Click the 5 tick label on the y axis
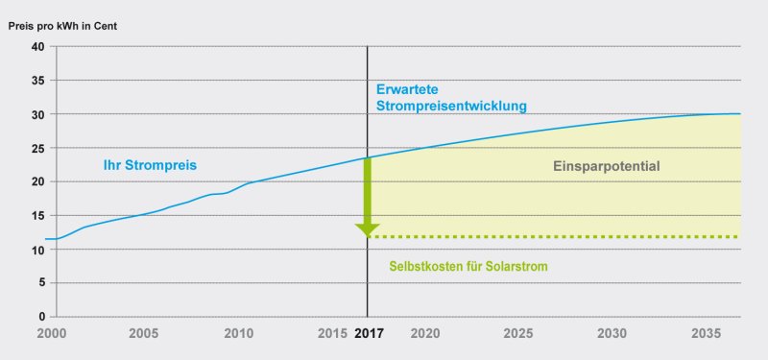point(41,282)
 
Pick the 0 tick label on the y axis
point(41,316)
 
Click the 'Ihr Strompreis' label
point(150,165)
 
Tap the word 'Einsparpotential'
point(608,166)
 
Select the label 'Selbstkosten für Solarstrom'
point(468,266)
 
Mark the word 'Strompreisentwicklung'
point(451,106)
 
